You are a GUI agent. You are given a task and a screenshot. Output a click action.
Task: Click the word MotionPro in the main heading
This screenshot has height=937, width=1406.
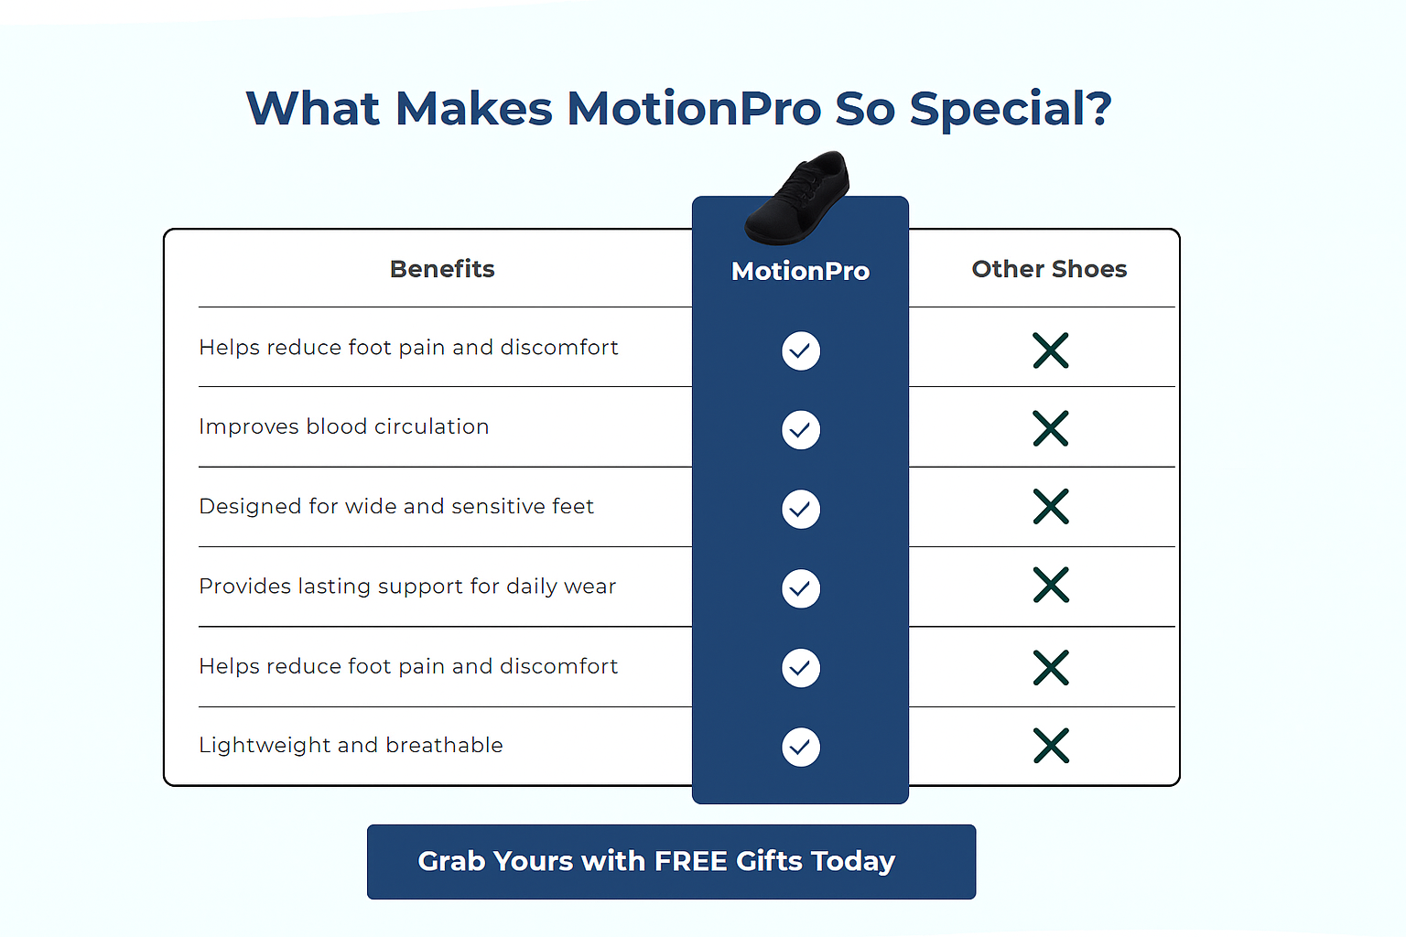(694, 109)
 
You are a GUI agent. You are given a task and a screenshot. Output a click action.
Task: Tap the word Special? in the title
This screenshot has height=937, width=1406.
(1011, 110)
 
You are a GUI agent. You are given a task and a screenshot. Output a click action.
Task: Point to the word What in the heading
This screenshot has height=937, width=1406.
(313, 109)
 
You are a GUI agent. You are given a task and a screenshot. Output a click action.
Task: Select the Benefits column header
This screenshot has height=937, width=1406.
(442, 269)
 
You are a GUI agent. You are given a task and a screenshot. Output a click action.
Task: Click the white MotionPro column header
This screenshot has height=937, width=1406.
(800, 271)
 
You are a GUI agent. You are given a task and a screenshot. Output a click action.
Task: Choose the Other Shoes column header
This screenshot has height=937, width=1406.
(1049, 269)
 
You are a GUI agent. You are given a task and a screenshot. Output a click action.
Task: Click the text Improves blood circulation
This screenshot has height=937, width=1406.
(344, 426)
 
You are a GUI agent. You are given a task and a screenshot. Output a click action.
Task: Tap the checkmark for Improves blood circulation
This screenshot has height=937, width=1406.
(800, 430)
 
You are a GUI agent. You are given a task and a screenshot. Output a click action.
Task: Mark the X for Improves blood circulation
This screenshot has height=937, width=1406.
(1050, 428)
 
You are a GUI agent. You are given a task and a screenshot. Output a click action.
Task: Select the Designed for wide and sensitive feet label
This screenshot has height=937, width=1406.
(396, 506)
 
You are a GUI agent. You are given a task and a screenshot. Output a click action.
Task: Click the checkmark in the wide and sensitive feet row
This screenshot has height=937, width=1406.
(800, 509)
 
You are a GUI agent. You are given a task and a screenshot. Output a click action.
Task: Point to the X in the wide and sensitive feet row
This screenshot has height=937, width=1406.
(1050, 506)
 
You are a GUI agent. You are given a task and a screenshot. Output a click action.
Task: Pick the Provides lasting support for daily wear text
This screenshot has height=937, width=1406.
(407, 587)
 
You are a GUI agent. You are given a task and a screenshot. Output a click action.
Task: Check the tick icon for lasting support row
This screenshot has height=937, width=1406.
(800, 588)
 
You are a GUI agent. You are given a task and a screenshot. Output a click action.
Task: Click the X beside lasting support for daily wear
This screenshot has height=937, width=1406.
(1050, 585)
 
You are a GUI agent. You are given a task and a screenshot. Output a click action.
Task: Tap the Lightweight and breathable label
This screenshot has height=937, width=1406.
(351, 745)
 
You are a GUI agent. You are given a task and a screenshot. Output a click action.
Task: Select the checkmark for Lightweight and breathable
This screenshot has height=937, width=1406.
(800, 747)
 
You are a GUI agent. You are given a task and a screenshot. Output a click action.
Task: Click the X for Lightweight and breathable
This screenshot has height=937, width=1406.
(1050, 746)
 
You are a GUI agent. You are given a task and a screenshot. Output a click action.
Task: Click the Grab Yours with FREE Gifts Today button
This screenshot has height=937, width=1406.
(671, 862)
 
